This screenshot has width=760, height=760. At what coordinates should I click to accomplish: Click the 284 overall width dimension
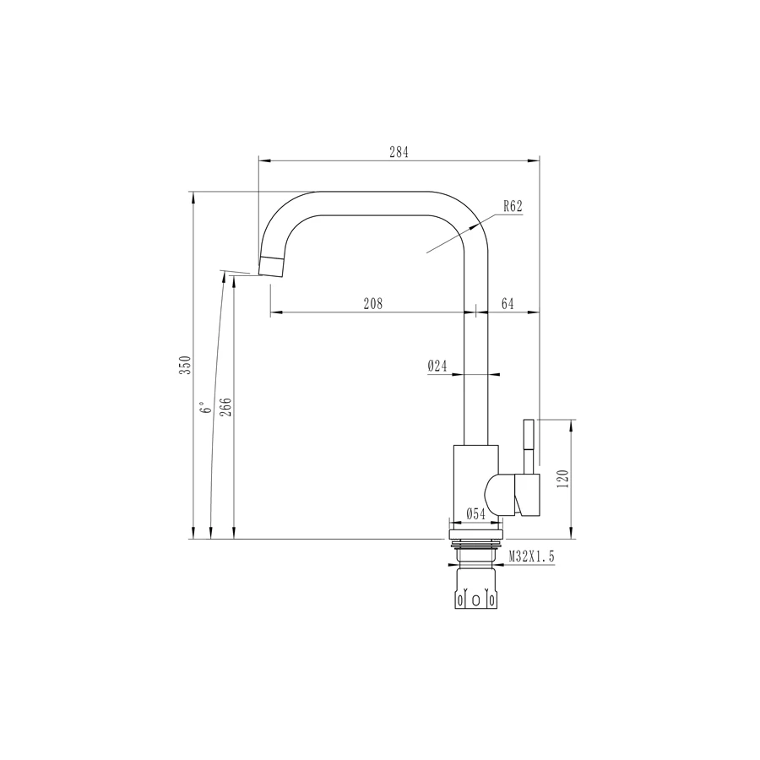(399, 153)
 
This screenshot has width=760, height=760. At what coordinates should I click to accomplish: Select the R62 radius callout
(513, 205)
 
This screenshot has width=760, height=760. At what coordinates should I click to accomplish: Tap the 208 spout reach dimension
(373, 304)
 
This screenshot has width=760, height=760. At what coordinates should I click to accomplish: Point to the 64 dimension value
(508, 304)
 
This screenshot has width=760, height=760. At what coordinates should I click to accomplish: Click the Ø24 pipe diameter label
(437, 366)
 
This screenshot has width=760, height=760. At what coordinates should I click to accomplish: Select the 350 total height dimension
(189, 365)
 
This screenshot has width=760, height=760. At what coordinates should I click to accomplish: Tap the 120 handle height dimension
(565, 478)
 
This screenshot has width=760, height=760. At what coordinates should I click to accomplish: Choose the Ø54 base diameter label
(475, 513)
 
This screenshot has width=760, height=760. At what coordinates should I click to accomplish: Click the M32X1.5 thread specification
(530, 556)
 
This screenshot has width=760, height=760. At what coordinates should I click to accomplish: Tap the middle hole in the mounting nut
(476, 600)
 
